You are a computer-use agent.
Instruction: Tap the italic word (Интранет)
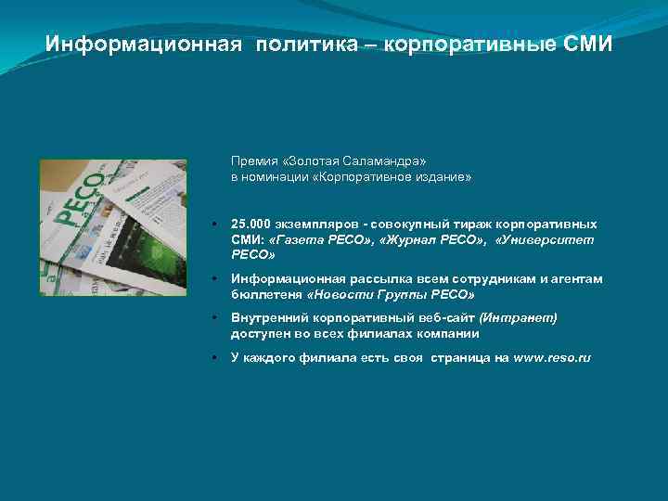[518, 318]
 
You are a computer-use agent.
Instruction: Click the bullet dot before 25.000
[214, 225]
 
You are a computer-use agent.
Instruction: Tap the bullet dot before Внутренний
[214, 318]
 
